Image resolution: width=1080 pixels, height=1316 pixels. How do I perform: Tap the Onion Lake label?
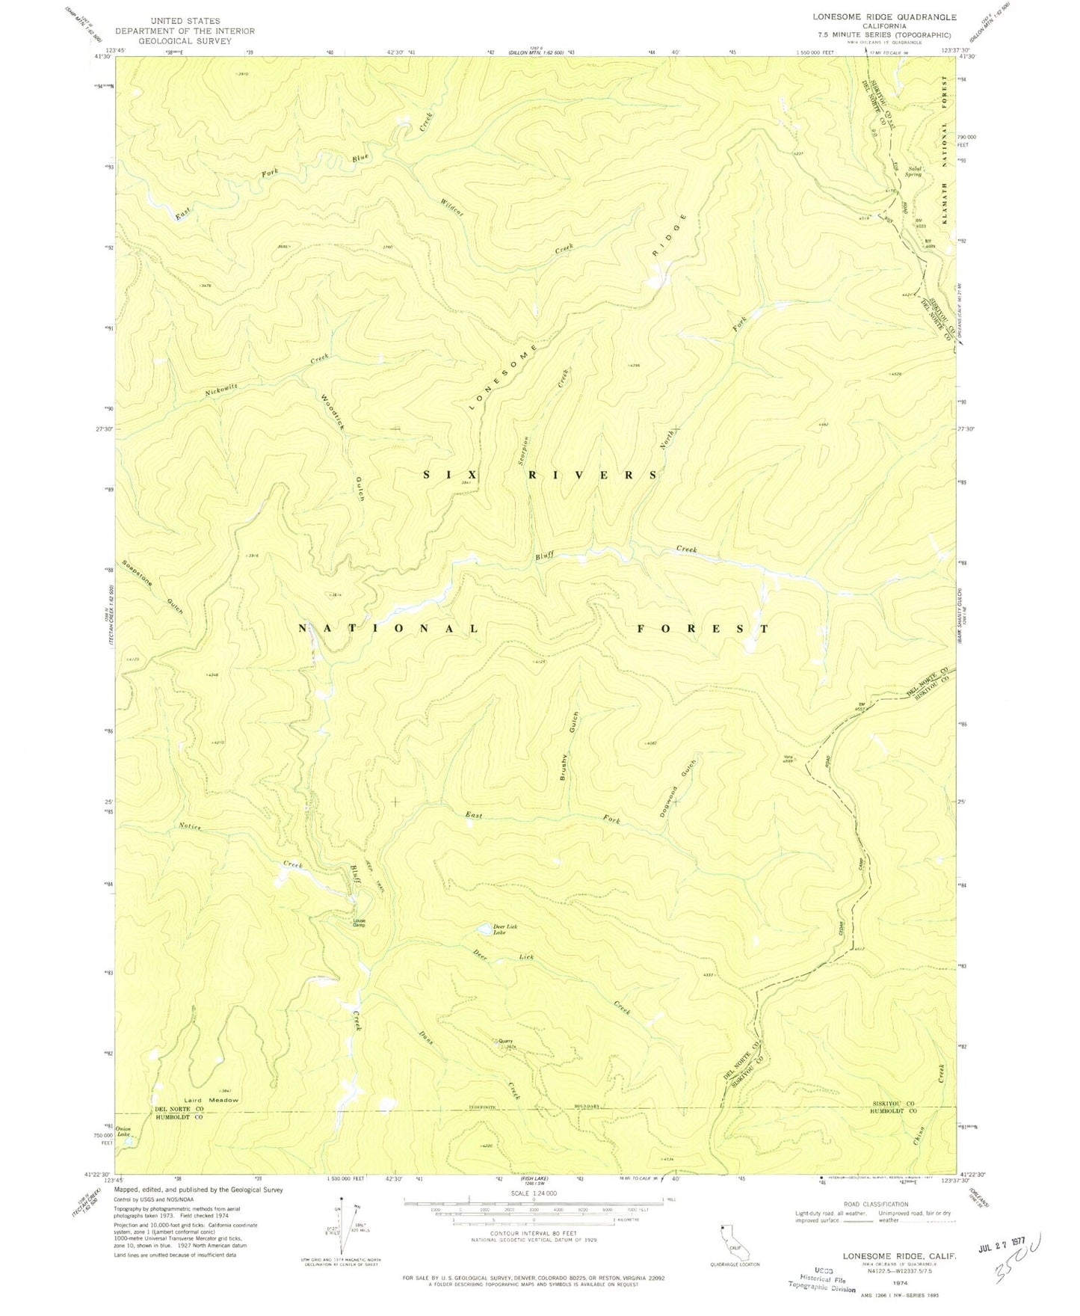pyautogui.click(x=123, y=1132)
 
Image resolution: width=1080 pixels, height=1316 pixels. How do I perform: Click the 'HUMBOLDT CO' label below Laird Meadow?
pyautogui.click(x=179, y=1119)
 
